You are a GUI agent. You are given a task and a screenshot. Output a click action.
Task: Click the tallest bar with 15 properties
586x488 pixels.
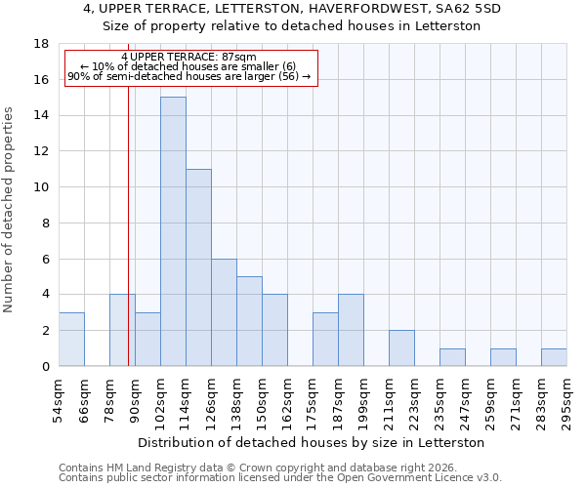(173, 231)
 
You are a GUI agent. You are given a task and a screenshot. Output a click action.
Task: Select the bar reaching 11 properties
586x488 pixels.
(198, 267)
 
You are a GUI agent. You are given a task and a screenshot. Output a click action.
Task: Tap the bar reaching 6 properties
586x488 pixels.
(224, 312)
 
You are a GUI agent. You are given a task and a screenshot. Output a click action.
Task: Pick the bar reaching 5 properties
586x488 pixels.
(249, 321)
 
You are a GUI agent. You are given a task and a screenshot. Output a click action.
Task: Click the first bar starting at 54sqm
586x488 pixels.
(71, 340)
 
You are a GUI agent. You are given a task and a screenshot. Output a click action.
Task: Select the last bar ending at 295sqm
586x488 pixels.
(554, 357)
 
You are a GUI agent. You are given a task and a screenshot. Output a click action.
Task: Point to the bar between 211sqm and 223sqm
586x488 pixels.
(401, 348)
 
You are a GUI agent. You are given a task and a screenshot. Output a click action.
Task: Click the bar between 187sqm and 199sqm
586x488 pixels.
(351, 330)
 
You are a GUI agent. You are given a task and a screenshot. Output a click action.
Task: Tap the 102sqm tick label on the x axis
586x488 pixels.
(160, 402)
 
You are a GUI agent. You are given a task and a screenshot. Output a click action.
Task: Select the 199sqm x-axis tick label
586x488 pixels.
(363, 402)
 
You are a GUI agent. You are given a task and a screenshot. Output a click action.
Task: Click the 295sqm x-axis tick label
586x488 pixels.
(566, 402)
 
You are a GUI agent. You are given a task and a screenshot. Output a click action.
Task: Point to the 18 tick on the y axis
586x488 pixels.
(42, 44)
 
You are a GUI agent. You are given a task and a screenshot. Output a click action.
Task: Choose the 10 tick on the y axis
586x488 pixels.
(42, 187)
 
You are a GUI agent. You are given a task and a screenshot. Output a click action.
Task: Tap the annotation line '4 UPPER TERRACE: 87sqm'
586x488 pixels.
(189, 58)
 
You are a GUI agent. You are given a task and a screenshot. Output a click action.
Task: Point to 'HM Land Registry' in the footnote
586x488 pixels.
(143, 468)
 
